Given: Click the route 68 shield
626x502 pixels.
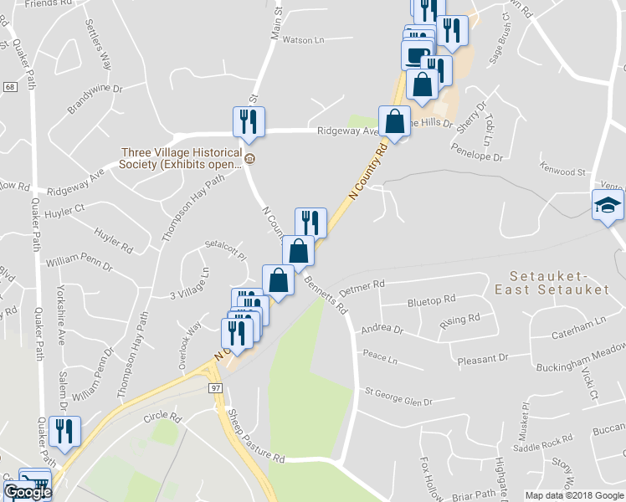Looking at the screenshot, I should pyautogui.click(x=9, y=87).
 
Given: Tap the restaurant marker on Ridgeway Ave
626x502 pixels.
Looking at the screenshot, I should pyautogui.click(x=249, y=120).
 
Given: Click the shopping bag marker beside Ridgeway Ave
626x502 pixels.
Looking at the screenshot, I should pyautogui.click(x=394, y=121).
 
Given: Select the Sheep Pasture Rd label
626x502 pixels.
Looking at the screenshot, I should pyautogui.click(x=255, y=435).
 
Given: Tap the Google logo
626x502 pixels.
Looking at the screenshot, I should pyautogui.click(x=28, y=492).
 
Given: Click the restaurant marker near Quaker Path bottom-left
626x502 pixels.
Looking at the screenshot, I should pyautogui.click(x=64, y=431).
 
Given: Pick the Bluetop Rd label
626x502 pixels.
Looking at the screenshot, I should pyautogui.click(x=431, y=299).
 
